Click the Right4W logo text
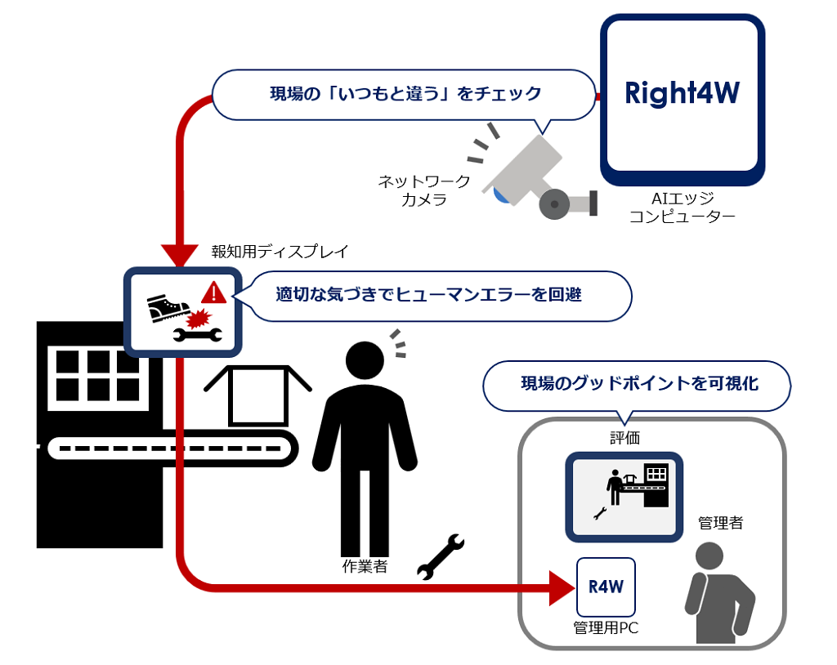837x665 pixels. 682,92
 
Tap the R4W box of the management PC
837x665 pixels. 606,587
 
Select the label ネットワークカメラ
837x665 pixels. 423,190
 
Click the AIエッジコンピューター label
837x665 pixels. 682,207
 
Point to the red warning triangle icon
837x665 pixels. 213,292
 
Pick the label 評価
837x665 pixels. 624,439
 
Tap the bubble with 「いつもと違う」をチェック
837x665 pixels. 405,94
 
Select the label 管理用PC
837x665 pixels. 606,627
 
